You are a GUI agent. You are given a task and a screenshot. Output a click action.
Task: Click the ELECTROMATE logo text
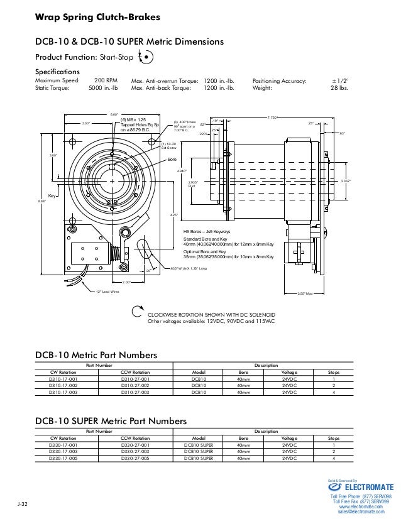pos(369,486)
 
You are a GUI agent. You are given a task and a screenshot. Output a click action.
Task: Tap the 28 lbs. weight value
pos(339,89)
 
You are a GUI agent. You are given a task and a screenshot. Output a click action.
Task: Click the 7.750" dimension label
pos(273,118)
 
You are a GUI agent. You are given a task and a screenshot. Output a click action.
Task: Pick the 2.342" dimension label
pos(346,181)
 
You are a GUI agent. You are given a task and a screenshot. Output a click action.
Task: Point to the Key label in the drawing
pos(53,196)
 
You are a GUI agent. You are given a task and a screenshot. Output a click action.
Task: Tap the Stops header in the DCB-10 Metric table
pos(334,372)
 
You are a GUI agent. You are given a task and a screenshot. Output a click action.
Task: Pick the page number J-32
pos(23,505)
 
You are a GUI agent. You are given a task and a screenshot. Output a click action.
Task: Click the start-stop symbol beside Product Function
pos(146,57)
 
